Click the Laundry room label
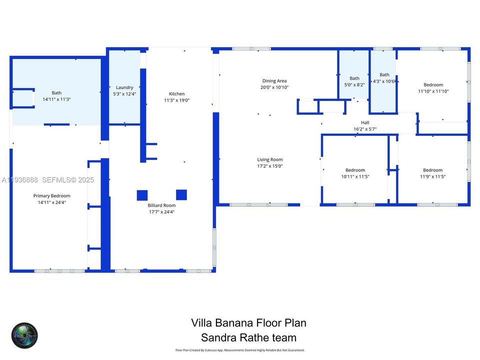coord(124,87)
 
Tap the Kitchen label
coord(176,93)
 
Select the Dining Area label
coord(274,81)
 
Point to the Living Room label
coord(270,160)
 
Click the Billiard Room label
coord(161,205)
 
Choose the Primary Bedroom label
coord(52,195)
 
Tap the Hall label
coord(365,122)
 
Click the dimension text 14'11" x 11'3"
coord(56,99)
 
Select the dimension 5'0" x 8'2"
coord(354,85)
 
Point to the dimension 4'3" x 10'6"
coord(384,81)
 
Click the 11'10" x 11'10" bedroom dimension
coord(433,91)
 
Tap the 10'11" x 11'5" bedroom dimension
coord(355,176)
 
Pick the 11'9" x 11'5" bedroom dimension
coord(432,176)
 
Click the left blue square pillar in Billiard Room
coord(142,195)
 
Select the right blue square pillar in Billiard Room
coord(181,194)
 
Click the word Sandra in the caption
coord(218,337)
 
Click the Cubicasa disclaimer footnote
coord(239,350)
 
